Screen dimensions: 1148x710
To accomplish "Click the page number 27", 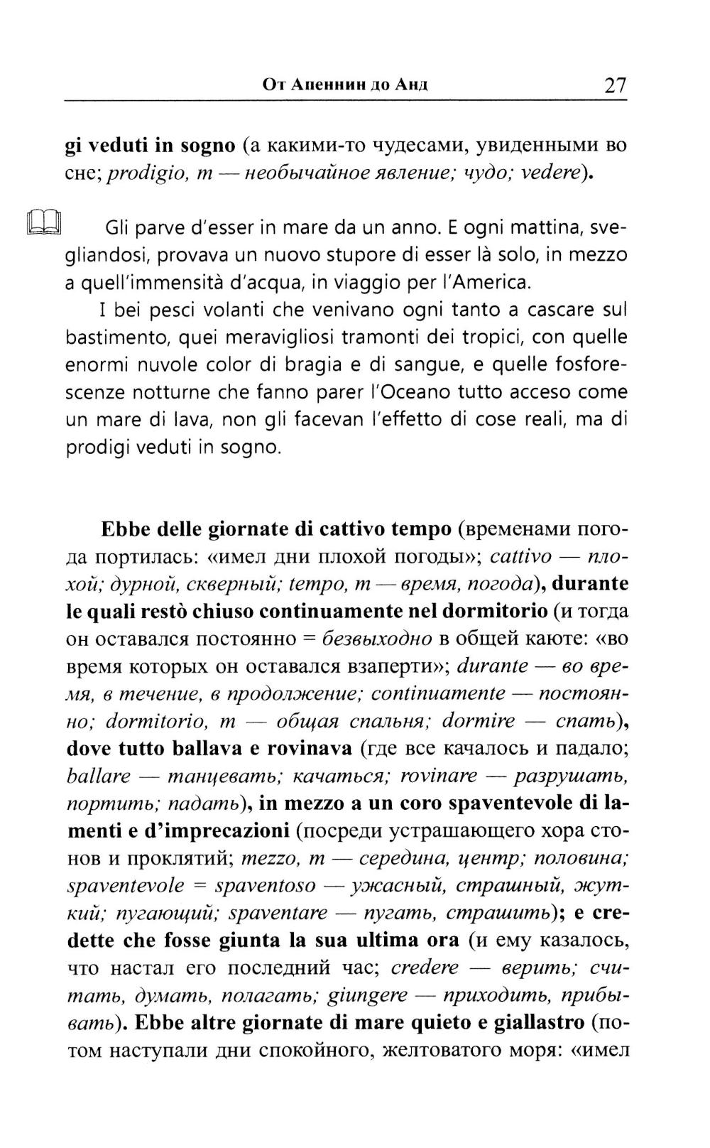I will pyautogui.click(x=615, y=86).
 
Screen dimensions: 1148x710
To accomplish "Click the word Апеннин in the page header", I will pyautogui.click(x=336, y=86).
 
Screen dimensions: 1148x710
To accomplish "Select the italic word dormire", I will pyautogui.click(x=479, y=721).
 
